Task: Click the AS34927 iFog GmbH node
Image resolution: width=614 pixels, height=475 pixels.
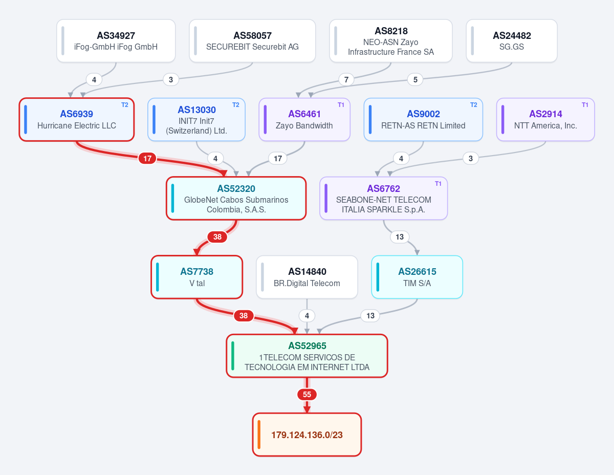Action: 116,40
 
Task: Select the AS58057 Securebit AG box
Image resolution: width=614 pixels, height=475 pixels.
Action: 252,40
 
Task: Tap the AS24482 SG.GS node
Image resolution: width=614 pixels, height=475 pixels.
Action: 512,40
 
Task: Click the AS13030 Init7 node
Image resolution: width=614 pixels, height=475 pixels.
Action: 196,120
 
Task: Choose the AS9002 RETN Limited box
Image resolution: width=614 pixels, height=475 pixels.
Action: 423,120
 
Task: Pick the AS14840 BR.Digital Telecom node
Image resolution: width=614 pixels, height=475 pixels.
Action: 307,277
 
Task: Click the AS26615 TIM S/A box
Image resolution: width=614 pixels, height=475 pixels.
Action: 417,277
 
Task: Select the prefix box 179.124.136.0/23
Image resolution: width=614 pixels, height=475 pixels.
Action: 307,435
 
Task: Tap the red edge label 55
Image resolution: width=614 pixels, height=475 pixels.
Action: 307,395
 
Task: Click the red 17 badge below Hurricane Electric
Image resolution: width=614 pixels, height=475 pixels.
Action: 147,158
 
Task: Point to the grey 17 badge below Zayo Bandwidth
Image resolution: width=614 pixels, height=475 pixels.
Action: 278,158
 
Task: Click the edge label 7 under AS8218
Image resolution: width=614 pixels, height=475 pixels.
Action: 346,80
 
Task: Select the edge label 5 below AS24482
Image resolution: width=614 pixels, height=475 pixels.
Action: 415,80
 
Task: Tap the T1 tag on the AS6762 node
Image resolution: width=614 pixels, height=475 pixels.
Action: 438,184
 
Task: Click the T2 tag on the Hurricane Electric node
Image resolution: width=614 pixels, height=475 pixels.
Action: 125,105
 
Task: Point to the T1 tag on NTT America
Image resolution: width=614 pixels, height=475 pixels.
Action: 585,105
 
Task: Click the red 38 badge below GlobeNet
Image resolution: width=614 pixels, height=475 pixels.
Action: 217,237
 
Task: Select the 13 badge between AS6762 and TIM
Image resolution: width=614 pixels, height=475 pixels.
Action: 400,237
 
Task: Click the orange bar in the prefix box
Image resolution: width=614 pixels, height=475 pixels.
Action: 259,435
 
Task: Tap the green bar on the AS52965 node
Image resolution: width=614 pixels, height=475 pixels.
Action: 232,356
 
